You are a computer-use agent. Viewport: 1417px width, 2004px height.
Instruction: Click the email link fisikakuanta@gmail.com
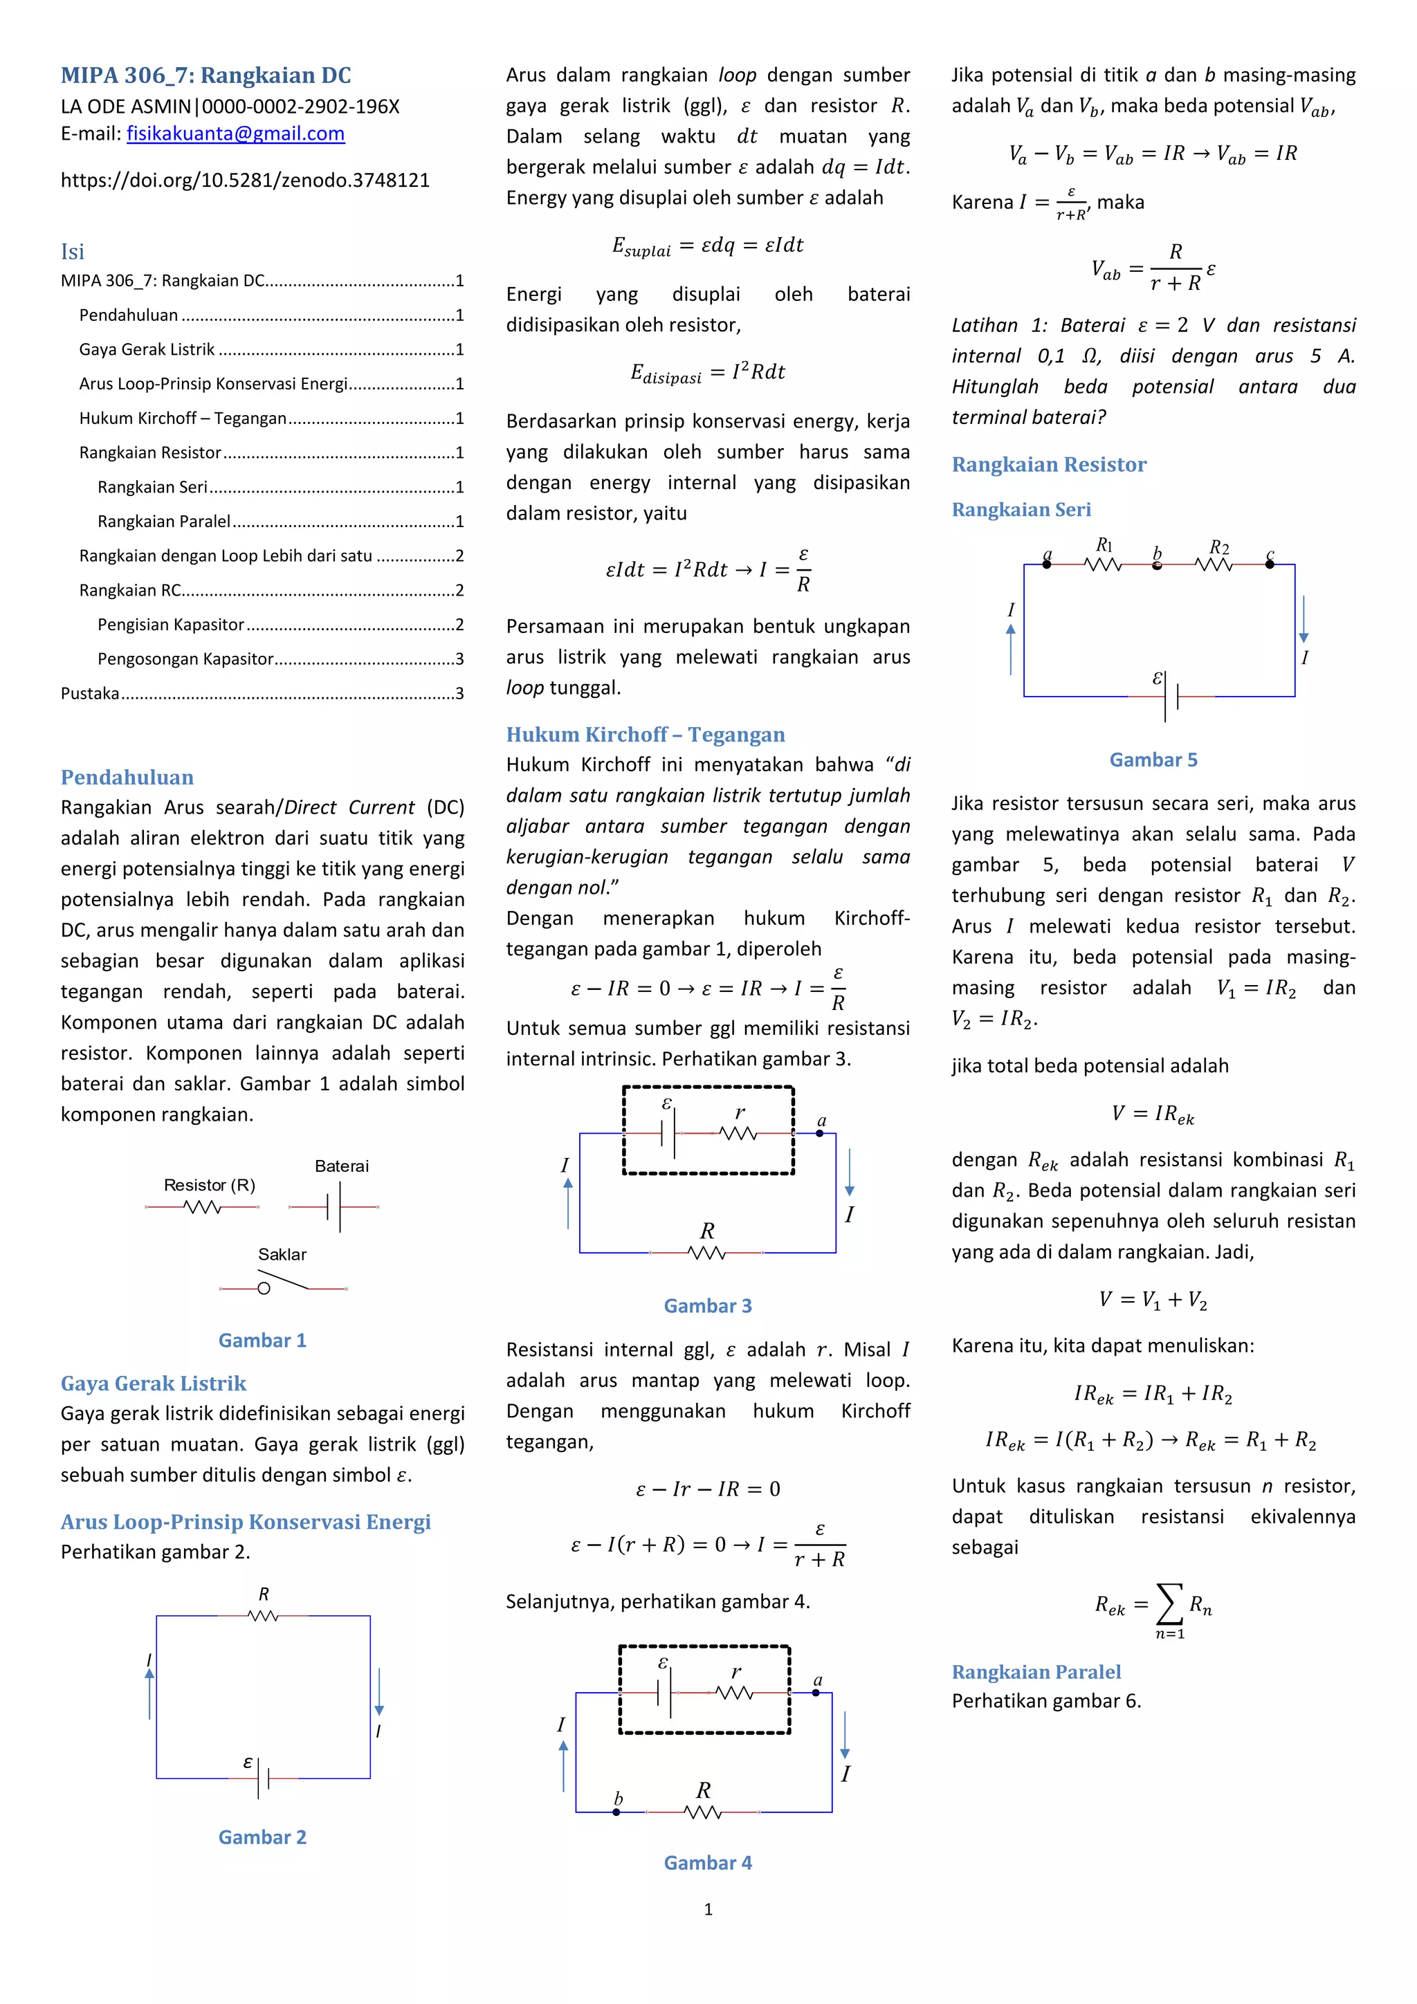coord(236,134)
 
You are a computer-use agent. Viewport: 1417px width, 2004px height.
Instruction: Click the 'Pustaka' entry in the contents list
coord(90,693)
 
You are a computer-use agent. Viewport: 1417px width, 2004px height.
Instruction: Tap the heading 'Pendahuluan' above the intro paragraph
coord(127,777)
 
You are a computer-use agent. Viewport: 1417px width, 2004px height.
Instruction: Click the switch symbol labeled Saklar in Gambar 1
coord(284,1285)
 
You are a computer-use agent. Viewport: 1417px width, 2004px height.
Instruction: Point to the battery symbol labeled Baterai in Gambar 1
coord(333,1207)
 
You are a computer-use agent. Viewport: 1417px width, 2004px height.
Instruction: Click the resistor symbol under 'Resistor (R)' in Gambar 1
coord(203,1207)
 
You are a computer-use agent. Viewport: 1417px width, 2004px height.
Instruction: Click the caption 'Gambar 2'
coord(262,1837)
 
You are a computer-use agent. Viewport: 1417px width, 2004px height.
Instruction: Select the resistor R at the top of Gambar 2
coord(263,1616)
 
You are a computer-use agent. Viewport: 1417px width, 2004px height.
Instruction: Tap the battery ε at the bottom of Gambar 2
coord(263,1778)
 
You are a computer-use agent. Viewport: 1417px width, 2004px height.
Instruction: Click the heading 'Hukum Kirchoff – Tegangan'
coord(646,734)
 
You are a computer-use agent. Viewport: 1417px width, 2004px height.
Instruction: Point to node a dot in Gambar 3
coord(819,1133)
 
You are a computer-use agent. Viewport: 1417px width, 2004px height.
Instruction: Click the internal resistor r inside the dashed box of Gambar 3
coord(738,1133)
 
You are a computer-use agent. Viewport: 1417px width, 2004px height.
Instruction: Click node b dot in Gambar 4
coord(616,1812)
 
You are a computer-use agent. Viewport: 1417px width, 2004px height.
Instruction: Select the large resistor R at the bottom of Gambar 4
coord(703,1812)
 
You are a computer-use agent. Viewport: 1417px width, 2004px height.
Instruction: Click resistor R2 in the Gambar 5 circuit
coord(1214,564)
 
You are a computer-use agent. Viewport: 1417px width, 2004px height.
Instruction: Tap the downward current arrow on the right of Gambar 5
coord(1303,620)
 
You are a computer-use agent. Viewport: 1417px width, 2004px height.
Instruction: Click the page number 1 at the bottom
coord(708,1910)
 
